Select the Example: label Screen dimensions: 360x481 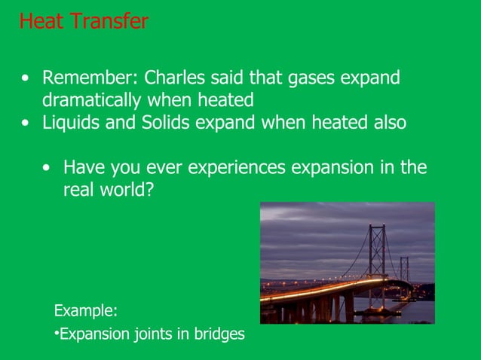point(85,310)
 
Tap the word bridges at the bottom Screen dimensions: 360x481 point(219,334)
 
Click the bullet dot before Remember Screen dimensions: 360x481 point(27,79)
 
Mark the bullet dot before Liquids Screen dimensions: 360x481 point(27,124)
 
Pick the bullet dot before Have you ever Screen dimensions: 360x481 point(48,168)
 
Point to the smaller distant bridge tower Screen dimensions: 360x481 point(404,270)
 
